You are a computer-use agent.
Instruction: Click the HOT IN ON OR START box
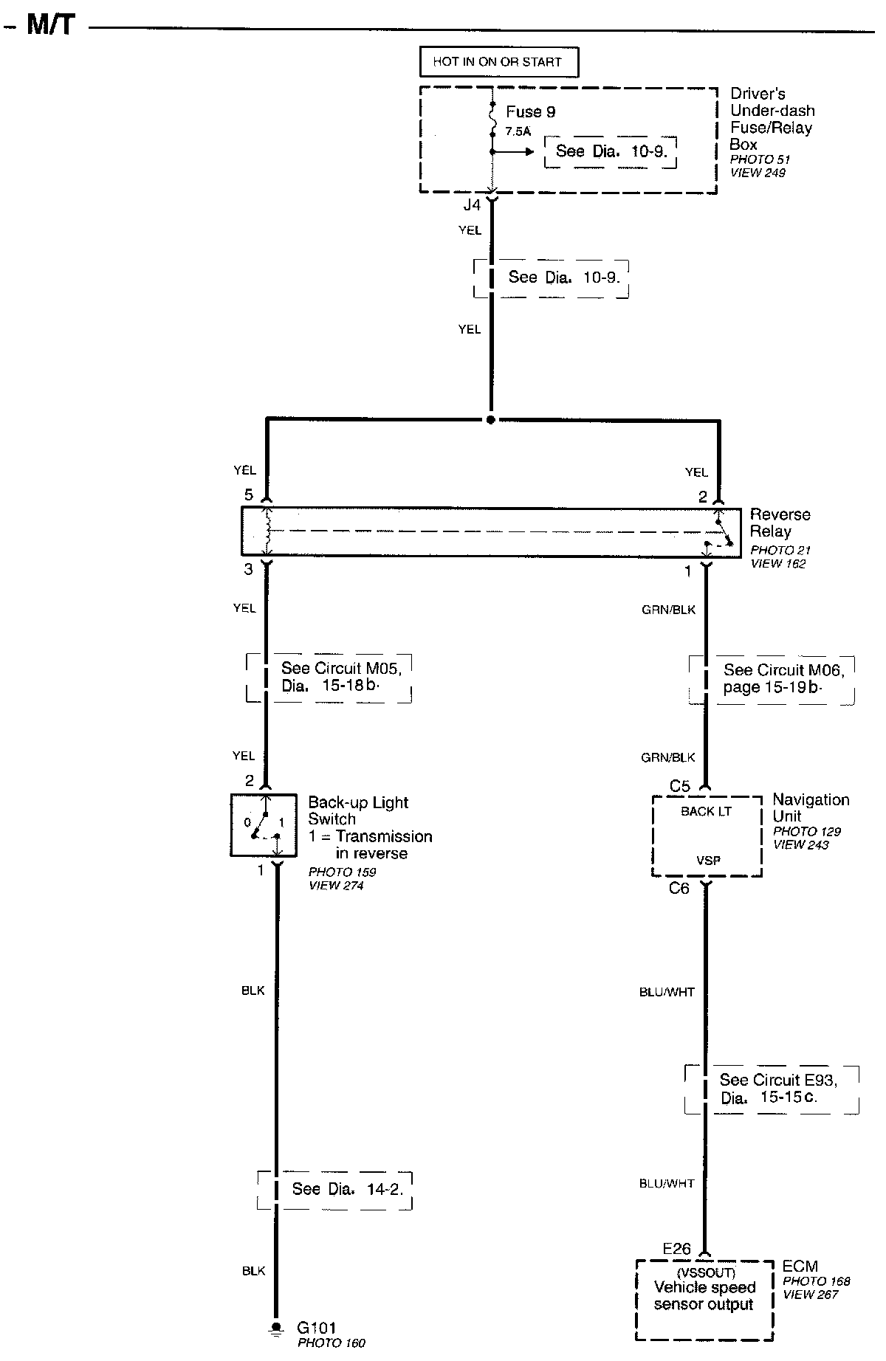pyautogui.click(x=498, y=62)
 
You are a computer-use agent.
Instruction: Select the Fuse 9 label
pyautogui.click(x=530, y=112)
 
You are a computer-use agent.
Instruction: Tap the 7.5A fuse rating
pyautogui.click(x=518, y=131)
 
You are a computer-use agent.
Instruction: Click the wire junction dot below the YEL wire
pyautogui.click(x=490, y=420)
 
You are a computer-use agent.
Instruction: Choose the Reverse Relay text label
pyautogui.click(x=779, y=523)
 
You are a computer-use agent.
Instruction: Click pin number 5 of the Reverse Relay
pyautogui.click(x=249, y=495)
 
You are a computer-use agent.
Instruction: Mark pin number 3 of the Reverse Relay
pyautogui.click(x=249, y=569)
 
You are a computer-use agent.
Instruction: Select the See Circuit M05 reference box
pyautogui.click(x=329, y=678)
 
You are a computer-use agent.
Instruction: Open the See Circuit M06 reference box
pyautogui.click(x=772, y=679)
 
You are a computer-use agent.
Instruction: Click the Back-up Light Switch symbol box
pyautogui.click(x=264, y=825)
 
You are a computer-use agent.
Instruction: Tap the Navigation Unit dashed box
pyautogui.click(x=707, y=836)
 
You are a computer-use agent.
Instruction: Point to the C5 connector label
pyautogui.click(x=679, y=787)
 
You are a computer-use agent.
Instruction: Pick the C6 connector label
pyautogui.click(x=679, y=889)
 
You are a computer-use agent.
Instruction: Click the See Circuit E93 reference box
pyautogui.click(x=772, y=1089)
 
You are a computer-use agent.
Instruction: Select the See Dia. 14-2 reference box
pyautogui.click(x=335, y=1189)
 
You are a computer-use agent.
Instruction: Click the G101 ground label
pyautogui.click(x=318, y=1328)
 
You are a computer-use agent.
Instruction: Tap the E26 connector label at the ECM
pyautogui.click(x=676, y=1249)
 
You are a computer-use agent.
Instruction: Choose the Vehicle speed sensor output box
pyautogui.click(x=704, y=1299)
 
